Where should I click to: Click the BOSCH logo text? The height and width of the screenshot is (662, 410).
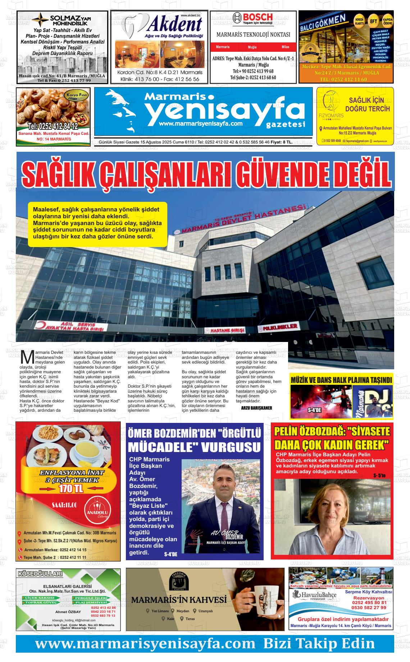(x=258, y=17)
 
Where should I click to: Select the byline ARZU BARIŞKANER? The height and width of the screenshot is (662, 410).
(x=256, y=408)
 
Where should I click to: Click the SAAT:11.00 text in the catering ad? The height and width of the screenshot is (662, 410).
(x=64, y=505)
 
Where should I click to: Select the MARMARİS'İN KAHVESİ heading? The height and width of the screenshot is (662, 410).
(x=179, y=600)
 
